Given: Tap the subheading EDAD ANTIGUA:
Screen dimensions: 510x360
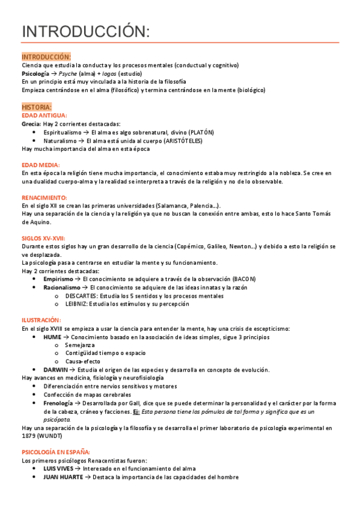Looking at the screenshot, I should coord(44,115).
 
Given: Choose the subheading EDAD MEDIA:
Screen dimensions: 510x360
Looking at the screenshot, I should coord(40,165).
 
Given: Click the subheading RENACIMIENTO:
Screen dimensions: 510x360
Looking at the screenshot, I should coord(44,197).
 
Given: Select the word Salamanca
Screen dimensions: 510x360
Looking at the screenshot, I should coord(170,206).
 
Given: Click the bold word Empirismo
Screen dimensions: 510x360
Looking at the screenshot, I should coord(58,280).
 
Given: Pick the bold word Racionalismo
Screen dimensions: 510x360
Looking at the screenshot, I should coord(62,288).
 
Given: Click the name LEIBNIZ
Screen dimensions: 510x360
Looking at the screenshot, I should coord(78,304).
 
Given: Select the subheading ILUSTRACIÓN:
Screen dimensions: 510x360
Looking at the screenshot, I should coord(41,321).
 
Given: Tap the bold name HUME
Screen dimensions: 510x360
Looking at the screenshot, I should coord(52,337).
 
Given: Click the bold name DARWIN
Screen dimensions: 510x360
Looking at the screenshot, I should coord(55,369).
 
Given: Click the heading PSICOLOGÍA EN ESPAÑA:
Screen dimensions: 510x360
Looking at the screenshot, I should coord(56,451).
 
